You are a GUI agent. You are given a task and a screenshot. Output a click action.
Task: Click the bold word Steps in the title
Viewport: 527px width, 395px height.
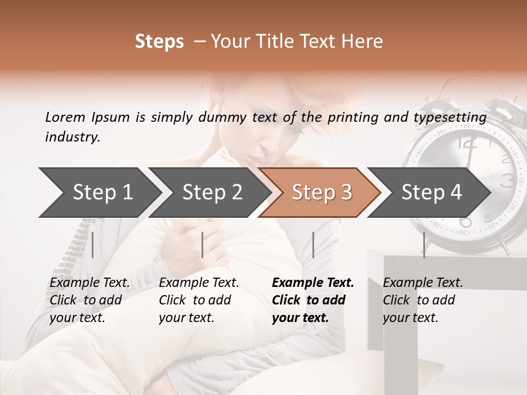click(159, 42)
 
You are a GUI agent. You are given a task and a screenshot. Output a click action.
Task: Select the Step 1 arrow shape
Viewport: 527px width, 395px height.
click(99, 193)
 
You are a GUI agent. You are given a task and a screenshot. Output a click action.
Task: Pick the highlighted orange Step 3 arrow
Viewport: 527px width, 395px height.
click(321, 193)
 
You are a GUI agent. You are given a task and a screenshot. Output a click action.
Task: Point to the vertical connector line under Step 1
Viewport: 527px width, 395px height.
click(93, 245)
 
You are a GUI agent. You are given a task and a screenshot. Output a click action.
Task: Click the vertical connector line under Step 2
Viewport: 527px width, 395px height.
click(203, 245)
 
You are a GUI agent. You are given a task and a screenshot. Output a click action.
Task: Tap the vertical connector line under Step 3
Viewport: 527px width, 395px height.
click(313, 245)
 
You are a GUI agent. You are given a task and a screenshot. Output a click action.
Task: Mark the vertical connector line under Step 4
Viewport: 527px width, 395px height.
click(423, 245)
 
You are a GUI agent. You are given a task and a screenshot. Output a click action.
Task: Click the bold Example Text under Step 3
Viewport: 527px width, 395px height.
click(313, 283)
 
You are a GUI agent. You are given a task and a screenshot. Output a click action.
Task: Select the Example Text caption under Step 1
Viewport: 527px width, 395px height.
click(89, 283)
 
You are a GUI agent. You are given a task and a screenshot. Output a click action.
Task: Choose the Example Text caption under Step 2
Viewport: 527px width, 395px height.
click(199, 283)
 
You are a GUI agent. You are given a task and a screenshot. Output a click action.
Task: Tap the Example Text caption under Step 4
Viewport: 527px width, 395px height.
click(423, 283)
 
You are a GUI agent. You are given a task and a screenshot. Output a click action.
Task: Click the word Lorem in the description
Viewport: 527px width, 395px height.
click(65, 117)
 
